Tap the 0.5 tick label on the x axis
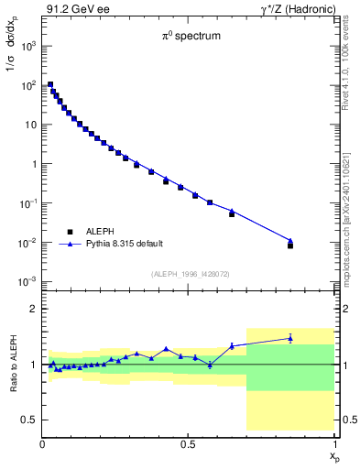[x=188, y=444]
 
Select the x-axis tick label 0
[x=43, y=444]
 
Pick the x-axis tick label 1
[x=334, y=444]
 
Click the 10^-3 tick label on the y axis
[x=28, y=281]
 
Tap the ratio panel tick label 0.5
[x=30, y=420]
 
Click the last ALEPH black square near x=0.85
[x=290, y=245]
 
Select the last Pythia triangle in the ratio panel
[x=290, y=338]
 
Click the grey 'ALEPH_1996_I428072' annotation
[x=189, y=274]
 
